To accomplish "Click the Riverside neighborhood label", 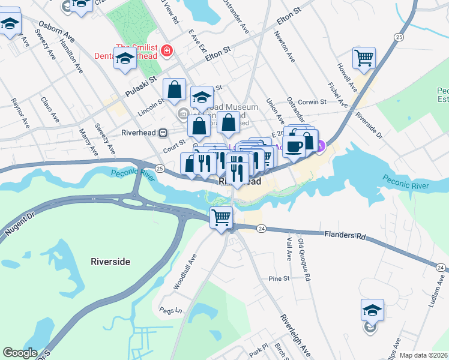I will pyautogui.click(x=110, y=262).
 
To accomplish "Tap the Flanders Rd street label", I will pyautogui.click(x=344, y=236).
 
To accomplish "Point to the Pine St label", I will pyautogui.click(x=279, y=278).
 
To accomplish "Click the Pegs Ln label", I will pyautogui.click(x=170, y=310).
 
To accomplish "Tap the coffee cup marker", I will pyautogui.click(x=294, y=146).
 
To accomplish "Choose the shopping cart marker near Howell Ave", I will pyautogui.click(x=364, y=59).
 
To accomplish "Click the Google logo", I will pyautogui.click(x=20, y=353).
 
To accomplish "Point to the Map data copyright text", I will pyautogui.click(x=423, y=355).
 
